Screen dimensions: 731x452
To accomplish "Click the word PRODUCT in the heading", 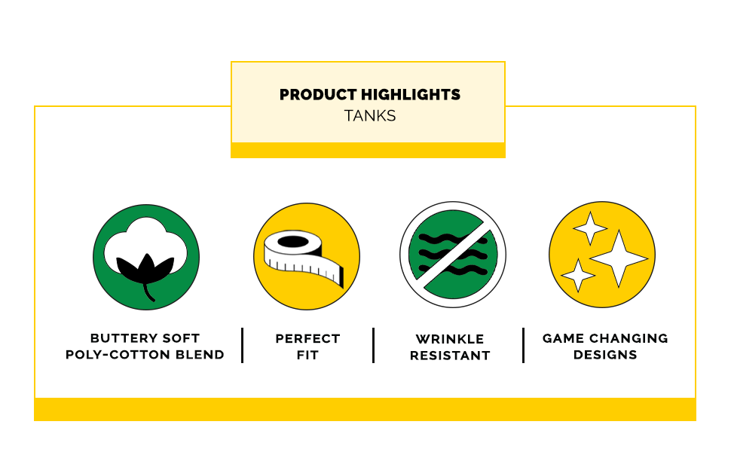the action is click(x=319, y=95).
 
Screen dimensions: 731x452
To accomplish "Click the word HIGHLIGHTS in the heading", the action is click(x=411, y=95).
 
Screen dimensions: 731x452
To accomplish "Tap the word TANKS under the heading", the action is click(x=370, y=115).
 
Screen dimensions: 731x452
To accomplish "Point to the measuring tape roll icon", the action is click(x=304, y=258).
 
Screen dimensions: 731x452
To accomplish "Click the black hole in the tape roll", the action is click(x=292, y=242).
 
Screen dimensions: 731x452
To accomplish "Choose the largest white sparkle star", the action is click(x=619, y=258).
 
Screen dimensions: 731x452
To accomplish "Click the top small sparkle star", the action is click(x=590, y=228).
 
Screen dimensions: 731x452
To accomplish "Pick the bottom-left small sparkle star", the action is click(x=578, y=276).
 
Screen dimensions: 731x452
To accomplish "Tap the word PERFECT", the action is click(x=307, y=339).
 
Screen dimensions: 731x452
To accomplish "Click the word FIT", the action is click(x=307, y=355).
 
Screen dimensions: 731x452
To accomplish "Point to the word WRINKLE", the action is click(x=450, y=339).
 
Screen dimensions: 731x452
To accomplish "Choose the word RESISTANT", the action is click(x=450, y=356).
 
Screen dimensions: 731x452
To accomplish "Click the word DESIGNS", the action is click(x=605, y=355).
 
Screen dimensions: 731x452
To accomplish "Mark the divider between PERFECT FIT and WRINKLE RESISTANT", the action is click(x=374, y=345).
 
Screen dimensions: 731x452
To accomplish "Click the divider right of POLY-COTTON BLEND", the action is click(x=243, y=345).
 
